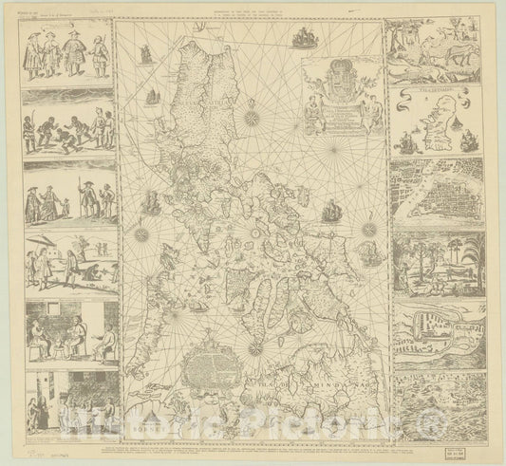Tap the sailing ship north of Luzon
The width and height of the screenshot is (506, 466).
pyautogui.click(x=304, y=39)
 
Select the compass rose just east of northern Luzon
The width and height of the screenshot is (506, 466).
pyautogui.click(x=254, y=120)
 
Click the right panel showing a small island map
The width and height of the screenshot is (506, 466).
pyautogui.click(x=433, y=124)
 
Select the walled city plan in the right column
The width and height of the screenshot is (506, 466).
pyautogui.click(x=433, y=195)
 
